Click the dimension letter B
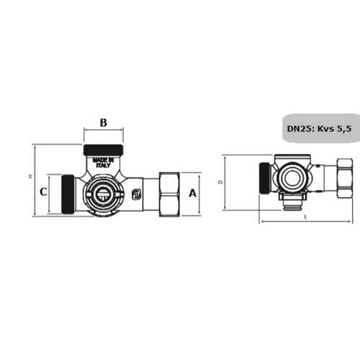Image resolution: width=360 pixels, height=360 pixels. [103, 123]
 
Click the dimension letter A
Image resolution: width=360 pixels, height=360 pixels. [192, 192]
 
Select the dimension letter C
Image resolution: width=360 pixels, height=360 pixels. [42, 192]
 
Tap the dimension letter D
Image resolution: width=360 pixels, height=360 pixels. [220, 182]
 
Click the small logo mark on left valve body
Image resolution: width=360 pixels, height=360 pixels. [135, 194]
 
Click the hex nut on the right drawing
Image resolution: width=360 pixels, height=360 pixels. [341, 176]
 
